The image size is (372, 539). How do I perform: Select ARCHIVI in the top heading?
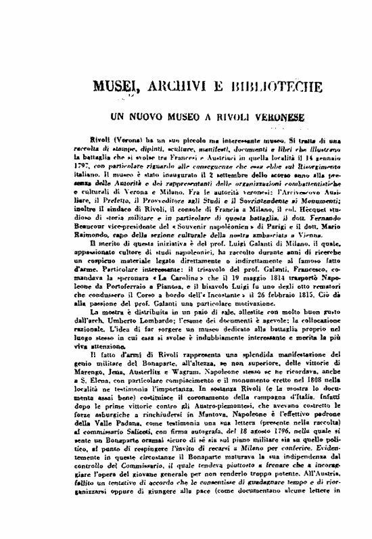(162, 89)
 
